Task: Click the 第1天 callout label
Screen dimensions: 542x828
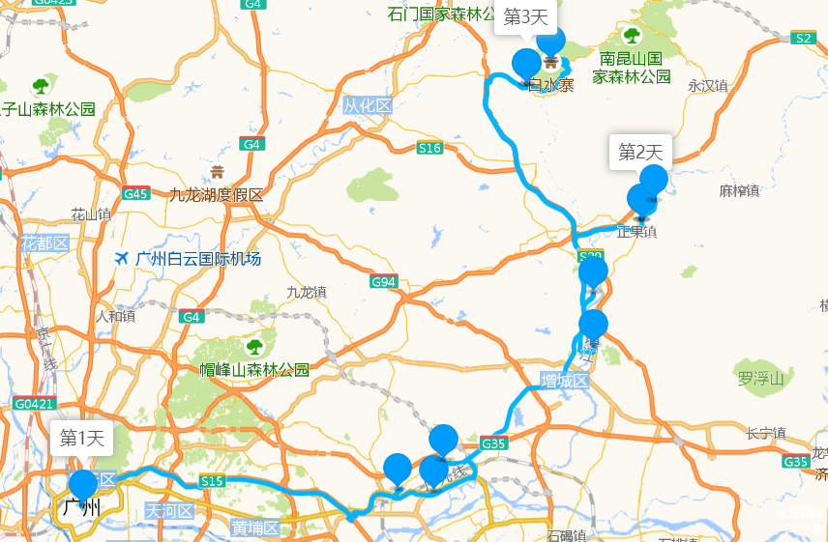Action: coord(81,438)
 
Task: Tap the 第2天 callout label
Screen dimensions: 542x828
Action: coord(640,152)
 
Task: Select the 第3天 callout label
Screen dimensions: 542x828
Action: coord(526,16)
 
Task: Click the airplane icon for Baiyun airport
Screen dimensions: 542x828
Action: coord(121,258)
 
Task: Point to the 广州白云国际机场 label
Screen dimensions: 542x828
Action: coord(198,259)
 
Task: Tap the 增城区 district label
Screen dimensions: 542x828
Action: coord(565,381)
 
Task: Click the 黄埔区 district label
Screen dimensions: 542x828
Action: coord(255,528)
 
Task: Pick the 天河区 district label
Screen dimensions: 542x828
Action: coord(170,510)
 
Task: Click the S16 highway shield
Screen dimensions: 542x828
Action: coord(429,148)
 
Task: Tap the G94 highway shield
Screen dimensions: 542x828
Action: coord(384,282)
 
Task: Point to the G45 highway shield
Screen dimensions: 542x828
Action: coord(136,193)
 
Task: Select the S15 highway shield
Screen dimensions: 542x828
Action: coord(212,481)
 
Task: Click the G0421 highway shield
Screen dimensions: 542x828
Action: coord(35,403)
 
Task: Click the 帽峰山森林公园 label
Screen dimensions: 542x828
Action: coord(254,370)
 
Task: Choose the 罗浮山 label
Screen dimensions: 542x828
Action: coord(760,378)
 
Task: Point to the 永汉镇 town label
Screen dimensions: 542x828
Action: coord(707,86)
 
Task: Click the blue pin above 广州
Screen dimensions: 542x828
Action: coord(83,483)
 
